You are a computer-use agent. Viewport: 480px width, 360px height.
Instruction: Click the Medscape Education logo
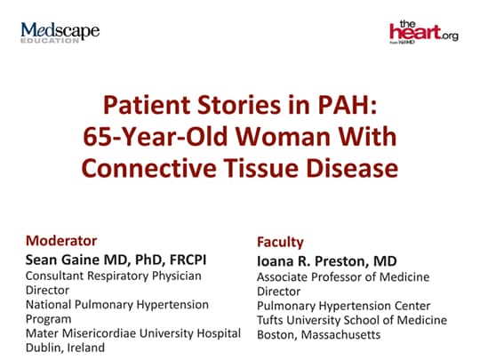pyautogui.click(x=60, y=33)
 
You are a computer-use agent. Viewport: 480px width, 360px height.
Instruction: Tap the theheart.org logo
pyautogui.click(x=424, y=32)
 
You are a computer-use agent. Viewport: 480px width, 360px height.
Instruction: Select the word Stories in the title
pyautogui.click(x=239, y=105)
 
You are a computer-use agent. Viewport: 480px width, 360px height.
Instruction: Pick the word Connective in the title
pyautogui.click(x=148, y=169)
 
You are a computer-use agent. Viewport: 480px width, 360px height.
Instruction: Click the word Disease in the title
pyautogui.click(x=352, y=169)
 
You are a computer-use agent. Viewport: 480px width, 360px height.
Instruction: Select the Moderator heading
pyautogui.click(x=61, y=241)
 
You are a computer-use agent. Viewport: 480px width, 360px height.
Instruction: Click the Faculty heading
pyautogui.click(x=280, y=242)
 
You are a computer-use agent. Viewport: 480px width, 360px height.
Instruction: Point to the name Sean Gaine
pyautogui.click(x=63, y=260)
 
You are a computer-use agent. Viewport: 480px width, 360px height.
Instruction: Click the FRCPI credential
pyautogui.click(x=188, y=260)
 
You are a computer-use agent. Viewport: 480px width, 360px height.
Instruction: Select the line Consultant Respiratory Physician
pyautogui.click(x=114, y=276)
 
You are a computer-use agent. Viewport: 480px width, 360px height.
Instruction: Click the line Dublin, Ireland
pyautogui.click(x=65, y=348)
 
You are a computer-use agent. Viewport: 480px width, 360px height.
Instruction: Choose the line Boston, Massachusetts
pyautogui.click(x=319, y=335)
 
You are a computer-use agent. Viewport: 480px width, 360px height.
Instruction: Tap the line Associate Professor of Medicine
pyautogui.click(x=343, y=277)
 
